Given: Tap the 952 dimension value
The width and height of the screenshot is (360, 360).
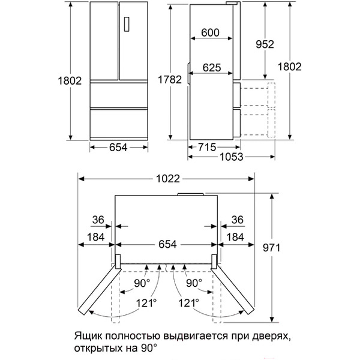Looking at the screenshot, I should point(264,44).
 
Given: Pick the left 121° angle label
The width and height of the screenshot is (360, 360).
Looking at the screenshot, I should point(146,304).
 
